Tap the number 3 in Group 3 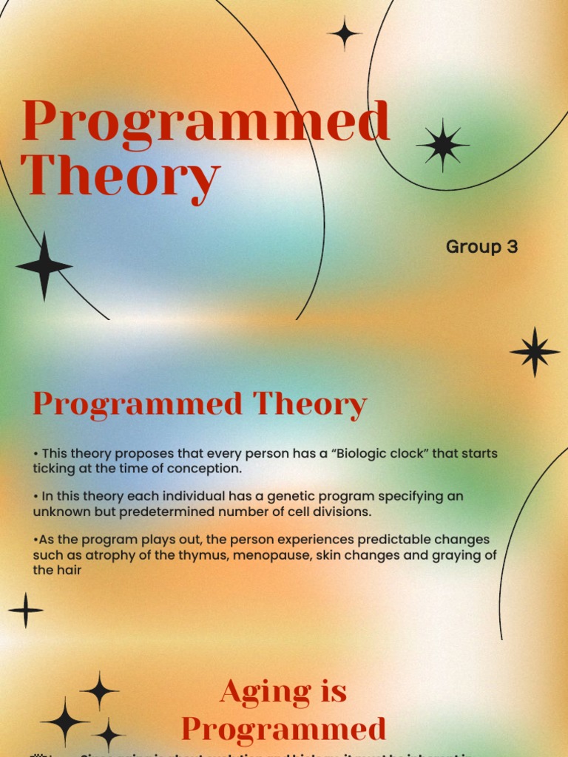point(512,247)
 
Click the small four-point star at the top point(344,33)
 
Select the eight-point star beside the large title point(442,145)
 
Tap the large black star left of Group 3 point(44,266)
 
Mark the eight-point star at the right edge point(535,352)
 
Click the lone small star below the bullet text point(26,611)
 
